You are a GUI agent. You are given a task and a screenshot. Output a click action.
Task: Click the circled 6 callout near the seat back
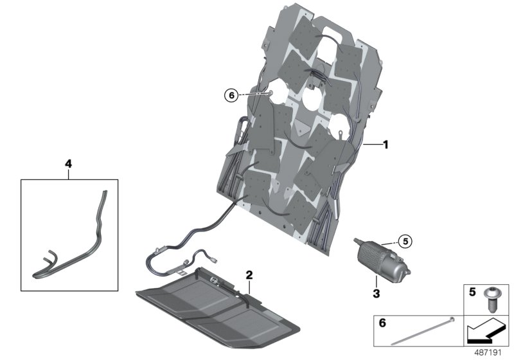click(231, 96)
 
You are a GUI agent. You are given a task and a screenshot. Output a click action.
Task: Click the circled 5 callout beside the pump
click(404, 242)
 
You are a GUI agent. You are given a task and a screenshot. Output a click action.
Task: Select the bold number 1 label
click(385, 145)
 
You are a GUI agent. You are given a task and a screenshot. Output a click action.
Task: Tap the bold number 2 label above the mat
click(249, 275)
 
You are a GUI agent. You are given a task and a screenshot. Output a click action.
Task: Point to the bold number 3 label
click(375, 294)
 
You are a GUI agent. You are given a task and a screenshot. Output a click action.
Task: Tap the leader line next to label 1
click(371, 145)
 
